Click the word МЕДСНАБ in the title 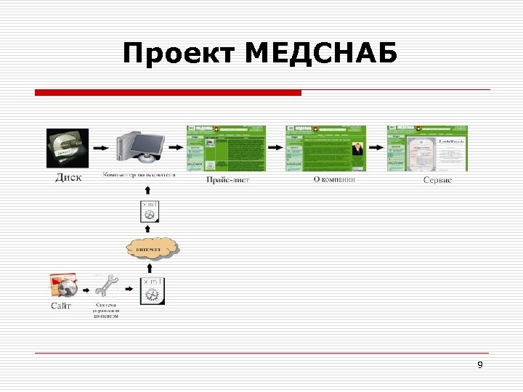click(322, 54)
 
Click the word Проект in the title click(180, 54)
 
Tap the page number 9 click(480, 364)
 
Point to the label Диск click(69, 177)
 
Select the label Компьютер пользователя click(139, 174)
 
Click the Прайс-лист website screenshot click(227, 148)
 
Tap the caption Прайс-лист click(227, 179)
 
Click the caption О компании click(334, 179)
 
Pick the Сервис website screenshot click(427, 148)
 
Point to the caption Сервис click(437, 179)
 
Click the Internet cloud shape click(153, 249)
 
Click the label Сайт click(61, 306)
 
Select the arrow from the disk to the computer click(100, 147)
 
